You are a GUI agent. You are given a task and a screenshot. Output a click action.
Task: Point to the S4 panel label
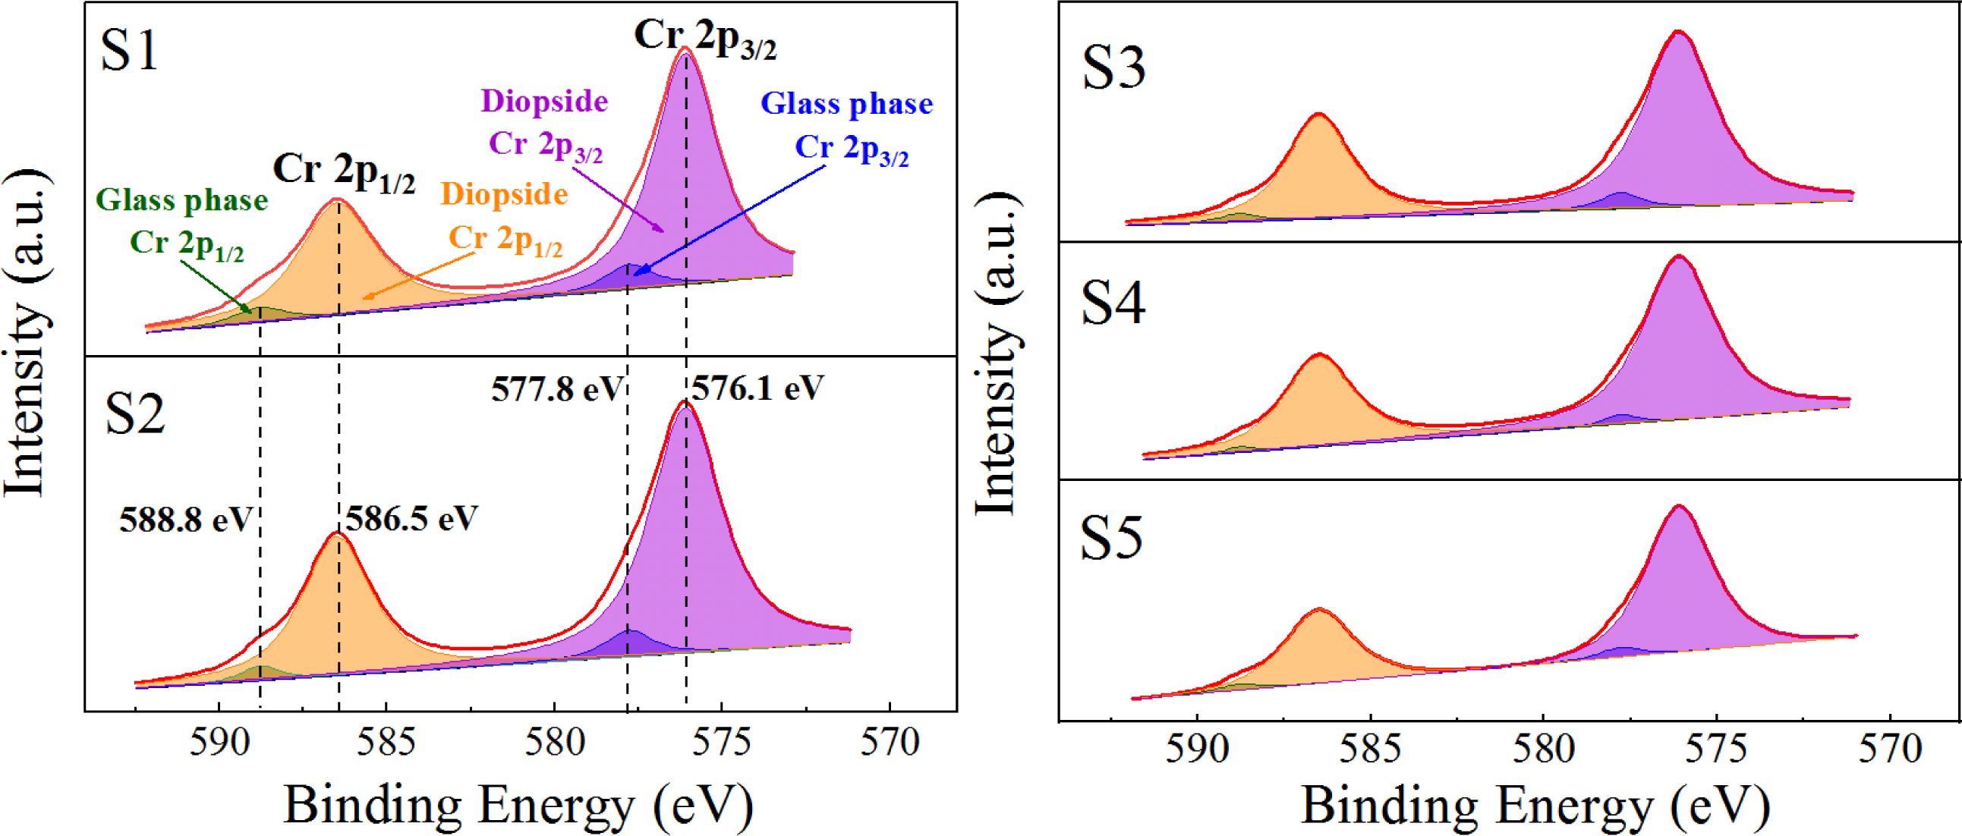click(x=1113, y=304)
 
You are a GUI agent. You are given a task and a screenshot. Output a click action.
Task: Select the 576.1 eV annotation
click(x=757, y=388)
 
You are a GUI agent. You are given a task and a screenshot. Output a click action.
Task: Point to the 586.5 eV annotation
click(x=411, y=519)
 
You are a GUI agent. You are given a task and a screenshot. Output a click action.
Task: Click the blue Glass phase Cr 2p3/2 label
click(x=848, y=127)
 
